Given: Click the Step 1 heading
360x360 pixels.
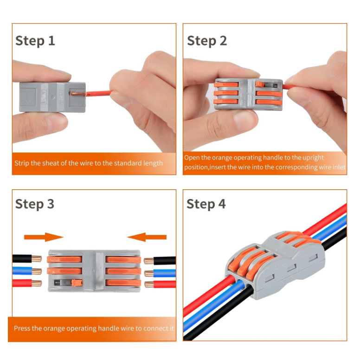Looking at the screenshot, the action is point(35,41).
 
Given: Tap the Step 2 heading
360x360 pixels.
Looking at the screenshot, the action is point(207,41).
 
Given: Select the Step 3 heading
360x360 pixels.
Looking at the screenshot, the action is point(35,204).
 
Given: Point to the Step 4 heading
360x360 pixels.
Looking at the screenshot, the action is point(206,204).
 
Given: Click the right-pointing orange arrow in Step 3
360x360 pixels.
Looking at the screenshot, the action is point(44,237).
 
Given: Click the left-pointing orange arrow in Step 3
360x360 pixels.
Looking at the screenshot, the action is point(147,237).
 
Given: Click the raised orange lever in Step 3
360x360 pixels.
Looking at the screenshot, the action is point(77,283).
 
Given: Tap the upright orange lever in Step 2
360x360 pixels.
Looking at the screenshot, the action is point(259,84).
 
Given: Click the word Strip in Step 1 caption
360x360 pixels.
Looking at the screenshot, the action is point(22,163).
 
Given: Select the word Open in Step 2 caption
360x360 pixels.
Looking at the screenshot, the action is point(193,158).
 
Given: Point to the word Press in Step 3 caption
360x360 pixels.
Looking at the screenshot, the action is point(22,328).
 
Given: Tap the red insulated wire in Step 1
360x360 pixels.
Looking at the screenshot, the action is point(99,93).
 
